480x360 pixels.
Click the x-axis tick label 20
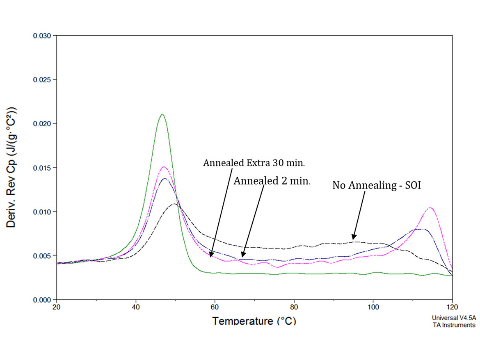(x=57, y=307)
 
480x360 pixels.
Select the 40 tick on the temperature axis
(x=136, y=307)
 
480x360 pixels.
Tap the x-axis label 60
(x=215, y=307)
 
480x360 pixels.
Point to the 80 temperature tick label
(x=294, y=307)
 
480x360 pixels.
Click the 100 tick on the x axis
(x=373, y=307)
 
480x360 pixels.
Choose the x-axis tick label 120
(x=452, y=307)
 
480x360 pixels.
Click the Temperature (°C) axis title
(x=254, y=320)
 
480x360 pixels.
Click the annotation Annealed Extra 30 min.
(x=254, y=163)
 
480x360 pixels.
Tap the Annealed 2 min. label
(x=272, y=181)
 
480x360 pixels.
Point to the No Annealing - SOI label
(x=377, y=185)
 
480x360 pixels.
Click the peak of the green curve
(x=162, y=114)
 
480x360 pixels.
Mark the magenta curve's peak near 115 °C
(x=430, y=207)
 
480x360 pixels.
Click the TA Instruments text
(x=453, y=325)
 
